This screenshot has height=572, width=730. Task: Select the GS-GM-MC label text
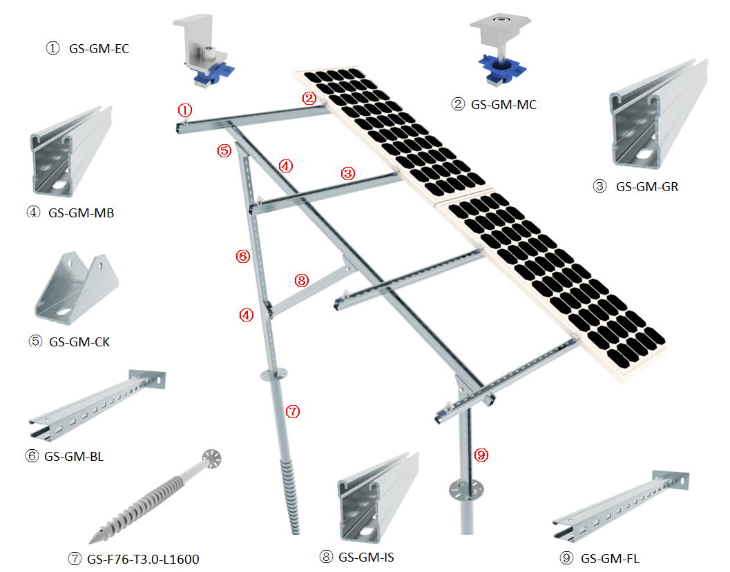[x=503, y=105]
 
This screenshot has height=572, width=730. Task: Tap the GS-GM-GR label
[x=647, y=186]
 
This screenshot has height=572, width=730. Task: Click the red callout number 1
[x=184, y=110]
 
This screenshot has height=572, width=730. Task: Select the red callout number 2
[x=309, y=99]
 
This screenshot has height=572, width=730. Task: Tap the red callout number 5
[x=223, y=150]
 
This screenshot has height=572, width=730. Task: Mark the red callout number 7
[x=292, y=411]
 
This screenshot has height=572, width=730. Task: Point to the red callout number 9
[x=481, y=454]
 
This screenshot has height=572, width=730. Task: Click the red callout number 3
[x=348, y=173]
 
